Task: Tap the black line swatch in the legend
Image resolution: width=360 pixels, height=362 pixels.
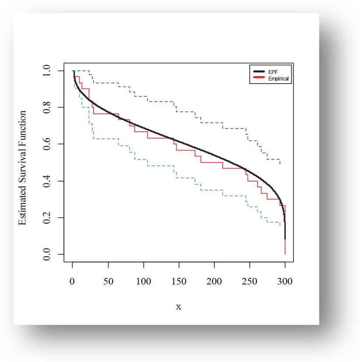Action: tap(258, 71)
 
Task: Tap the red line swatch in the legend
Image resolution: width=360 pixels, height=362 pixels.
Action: tap(258, 79)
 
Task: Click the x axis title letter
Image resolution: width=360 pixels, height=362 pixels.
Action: tap(178, 307)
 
